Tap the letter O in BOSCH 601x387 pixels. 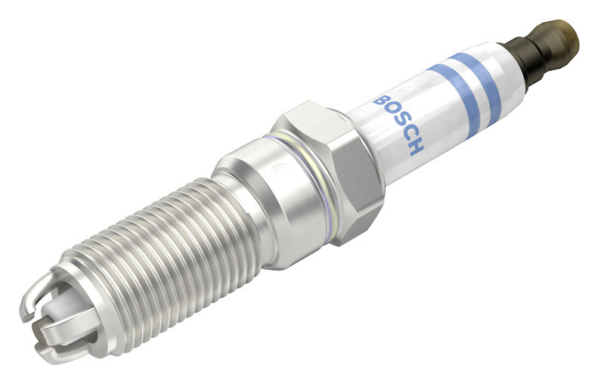point(392,112)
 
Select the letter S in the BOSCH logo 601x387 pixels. point(401,122)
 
